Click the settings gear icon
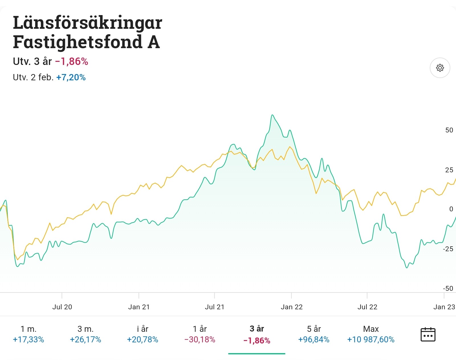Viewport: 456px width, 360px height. click(x=440, y=68)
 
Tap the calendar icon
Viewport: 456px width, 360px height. click(x=428, y=334)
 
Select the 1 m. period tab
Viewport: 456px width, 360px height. click(x=28, y=334)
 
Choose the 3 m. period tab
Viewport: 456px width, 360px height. click(x=85, y=334)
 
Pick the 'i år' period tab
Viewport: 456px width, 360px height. click(x=142, y=334)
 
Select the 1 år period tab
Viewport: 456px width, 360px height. click(x=199, y=334)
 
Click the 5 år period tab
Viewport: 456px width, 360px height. click(x=314, y=334)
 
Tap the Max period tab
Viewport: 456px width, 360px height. click(x=371, y=334)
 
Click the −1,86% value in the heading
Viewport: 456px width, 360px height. click(x=72, y=62)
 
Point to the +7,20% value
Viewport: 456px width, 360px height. click(x=71, y=77)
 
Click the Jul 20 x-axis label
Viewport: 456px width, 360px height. click(x=62, y=307)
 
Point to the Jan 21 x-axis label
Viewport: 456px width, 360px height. click(x=139, y=307)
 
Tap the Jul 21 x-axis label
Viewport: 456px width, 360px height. click(x=215, y=307)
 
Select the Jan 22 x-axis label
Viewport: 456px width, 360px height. click(x=292, y=307)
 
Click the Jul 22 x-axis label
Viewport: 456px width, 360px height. click(x=367, y=307)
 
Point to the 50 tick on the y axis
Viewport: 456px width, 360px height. click(x=449, y=130)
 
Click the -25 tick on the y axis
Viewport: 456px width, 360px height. click(x=448, y=249)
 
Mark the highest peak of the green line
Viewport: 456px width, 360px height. click(x=272, y=115)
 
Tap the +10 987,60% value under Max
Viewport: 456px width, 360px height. click(x=371, y=340)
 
